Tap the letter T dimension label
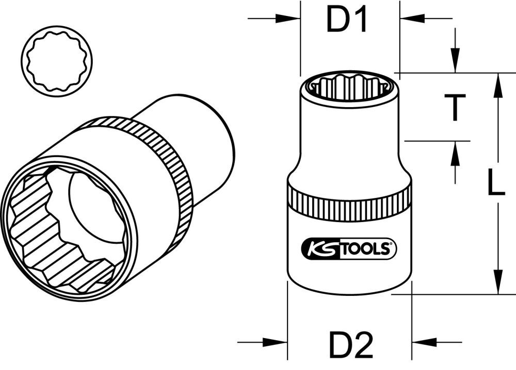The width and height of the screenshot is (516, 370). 455,107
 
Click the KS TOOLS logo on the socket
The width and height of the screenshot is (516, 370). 349,249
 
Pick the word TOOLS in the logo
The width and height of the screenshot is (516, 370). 370,249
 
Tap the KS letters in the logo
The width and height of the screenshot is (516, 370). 315,249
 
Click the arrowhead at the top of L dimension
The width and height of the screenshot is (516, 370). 498,85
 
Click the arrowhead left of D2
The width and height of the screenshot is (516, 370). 276,342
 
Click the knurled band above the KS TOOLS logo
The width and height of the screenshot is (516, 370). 349,204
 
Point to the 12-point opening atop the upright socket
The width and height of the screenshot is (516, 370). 349,85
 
